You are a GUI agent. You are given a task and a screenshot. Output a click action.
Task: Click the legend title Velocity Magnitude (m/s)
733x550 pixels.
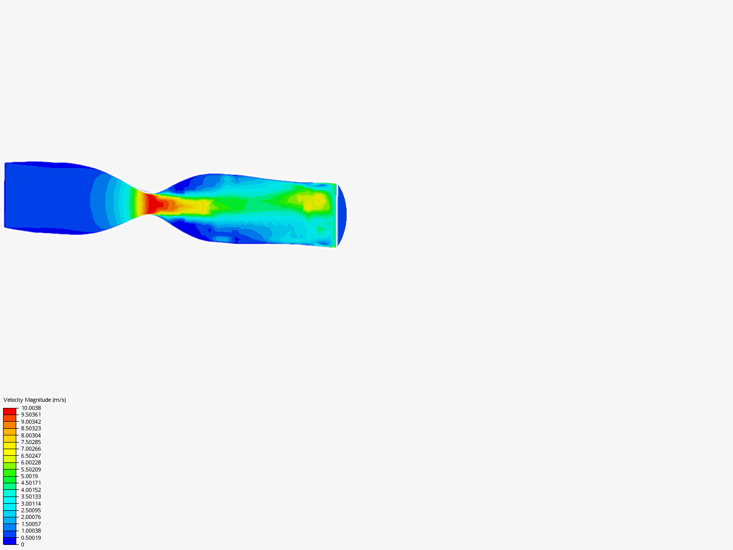click(x=35, y=400)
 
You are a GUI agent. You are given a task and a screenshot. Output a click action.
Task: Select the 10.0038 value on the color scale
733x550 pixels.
click(x=31, y=408)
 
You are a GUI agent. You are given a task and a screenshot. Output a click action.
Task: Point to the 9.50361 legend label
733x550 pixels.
click(x=31, y=415)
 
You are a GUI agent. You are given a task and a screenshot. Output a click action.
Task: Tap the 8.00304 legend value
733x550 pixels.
click(x=31, y=435)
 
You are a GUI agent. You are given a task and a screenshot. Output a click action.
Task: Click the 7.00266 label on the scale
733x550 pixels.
click(x=31, y=449)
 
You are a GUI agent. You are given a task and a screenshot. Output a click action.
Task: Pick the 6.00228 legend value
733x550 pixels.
click(x=31, y=462)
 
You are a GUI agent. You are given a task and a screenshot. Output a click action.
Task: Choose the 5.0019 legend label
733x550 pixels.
click(x=30, y=476)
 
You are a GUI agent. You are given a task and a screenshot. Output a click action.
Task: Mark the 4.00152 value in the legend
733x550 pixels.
click(x=31, y=490)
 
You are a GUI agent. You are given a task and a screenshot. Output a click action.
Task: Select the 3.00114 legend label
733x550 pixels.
click(x=31, y=504)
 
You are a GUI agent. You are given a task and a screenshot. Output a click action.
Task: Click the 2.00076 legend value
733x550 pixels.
click(x=31, y=517)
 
